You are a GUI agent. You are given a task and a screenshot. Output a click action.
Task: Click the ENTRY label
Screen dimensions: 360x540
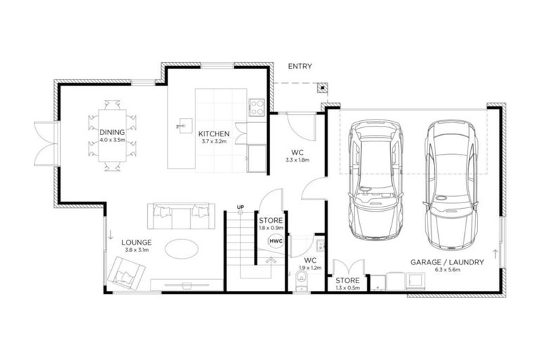pos(300,67)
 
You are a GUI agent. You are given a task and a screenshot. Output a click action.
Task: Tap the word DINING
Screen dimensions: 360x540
pos(112,132)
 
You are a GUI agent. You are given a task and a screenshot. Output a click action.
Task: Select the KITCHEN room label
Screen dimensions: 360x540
pos(214,134)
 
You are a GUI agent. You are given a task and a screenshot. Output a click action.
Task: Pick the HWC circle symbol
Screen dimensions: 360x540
pos(275,241)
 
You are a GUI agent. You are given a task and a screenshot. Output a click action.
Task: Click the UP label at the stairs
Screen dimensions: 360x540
pos(240,207)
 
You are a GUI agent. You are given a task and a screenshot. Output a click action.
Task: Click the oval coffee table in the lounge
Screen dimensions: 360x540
pos(181,247)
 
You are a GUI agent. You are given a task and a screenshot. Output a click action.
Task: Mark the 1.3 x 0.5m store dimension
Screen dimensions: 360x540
pos(347,287)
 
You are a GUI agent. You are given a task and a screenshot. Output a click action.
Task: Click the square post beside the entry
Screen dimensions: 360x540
pos(321,89)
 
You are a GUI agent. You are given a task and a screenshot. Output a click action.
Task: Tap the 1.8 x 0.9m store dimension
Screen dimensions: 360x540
pos(270,228)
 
